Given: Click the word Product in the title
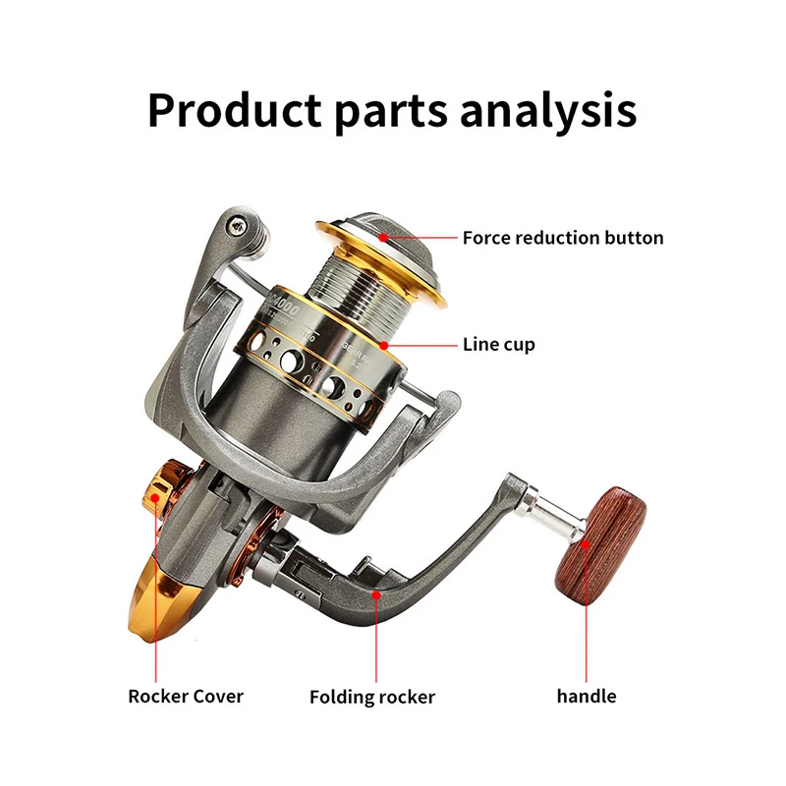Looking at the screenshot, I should click(x=233, y=110).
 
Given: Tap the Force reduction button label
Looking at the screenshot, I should click(x=563, y=238).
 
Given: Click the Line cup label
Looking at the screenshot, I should click(x=498, y=345).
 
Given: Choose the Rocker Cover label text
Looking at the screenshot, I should click(x=186, y=696).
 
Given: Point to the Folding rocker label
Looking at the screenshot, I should click(x=372, y=697).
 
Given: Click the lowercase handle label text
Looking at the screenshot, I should click(x=587, y=696).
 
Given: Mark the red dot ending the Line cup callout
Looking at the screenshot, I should click(x=389, y=345).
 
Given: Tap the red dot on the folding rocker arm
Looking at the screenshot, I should click(x=373, y=594).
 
